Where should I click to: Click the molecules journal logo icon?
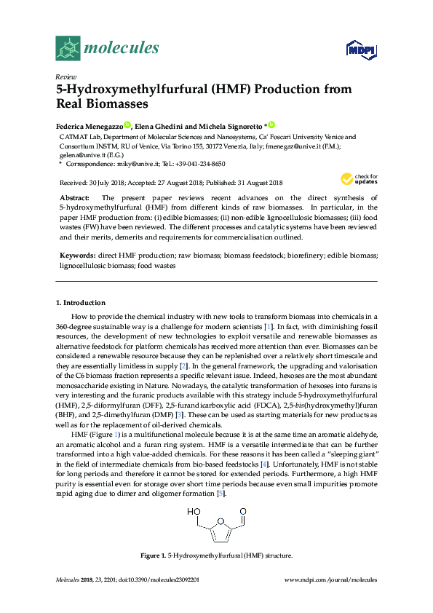[x=68, y=48]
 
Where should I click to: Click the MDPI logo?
[x=362, y=50]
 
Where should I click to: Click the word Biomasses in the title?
[x=105, y=104]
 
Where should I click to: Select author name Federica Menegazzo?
[x=90, y=125]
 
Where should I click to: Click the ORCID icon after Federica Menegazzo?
[x=127, y=125]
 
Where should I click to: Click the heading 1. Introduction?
[x=80, y=302]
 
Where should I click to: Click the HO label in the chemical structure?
[x=192, y=512]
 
